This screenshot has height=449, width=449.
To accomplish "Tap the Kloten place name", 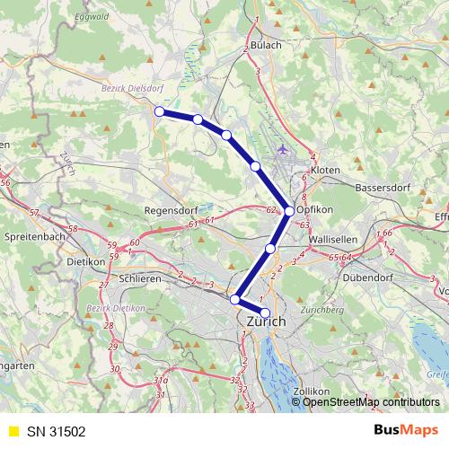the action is coord(324,169).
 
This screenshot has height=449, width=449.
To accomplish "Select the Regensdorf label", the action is coord(171,211).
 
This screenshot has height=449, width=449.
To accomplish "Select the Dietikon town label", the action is coord(86,263).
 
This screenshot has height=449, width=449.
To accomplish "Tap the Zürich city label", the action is coord(264,321).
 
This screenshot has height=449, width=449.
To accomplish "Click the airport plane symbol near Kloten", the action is coord(285,148).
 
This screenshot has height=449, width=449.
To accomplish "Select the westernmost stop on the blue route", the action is coord(159,111).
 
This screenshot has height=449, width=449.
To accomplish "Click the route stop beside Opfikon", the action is coord(288,211).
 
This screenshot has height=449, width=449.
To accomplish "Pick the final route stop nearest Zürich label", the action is coord(264,313).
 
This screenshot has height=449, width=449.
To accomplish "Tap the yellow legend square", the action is coord(13,431).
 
